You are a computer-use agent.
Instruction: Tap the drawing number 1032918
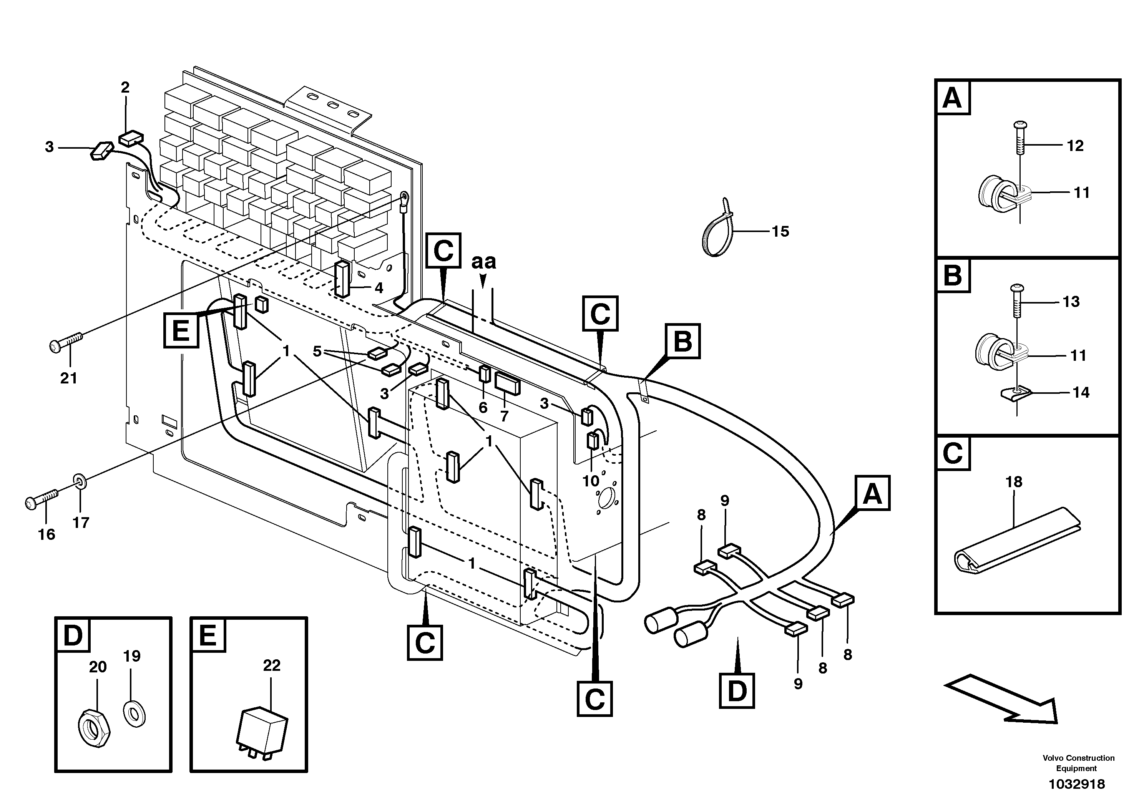1076,784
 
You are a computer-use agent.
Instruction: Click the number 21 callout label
69,378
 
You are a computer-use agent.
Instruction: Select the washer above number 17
80,481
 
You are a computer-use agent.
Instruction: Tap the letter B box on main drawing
682,341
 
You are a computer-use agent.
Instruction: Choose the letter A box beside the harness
872,493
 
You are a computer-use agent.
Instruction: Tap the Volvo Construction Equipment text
1078,763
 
